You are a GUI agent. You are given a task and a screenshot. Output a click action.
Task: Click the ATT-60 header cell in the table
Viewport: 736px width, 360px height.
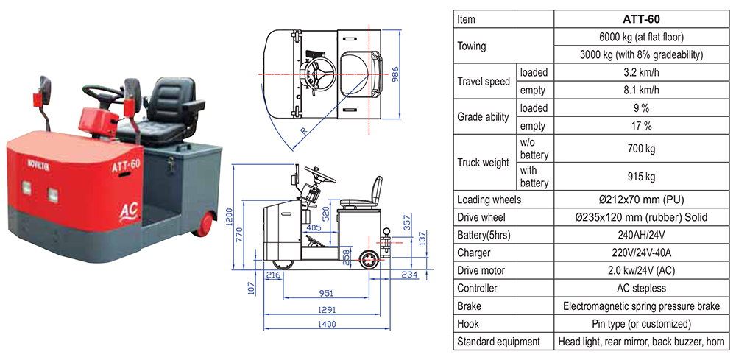coord(639,19)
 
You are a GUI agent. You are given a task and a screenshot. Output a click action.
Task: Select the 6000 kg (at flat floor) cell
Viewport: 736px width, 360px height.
coord(639,38)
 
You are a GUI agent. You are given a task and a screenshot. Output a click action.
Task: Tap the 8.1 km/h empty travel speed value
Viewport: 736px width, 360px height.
coord(639,91)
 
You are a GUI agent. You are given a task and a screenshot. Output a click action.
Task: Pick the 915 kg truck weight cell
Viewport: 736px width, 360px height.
coord(639,177)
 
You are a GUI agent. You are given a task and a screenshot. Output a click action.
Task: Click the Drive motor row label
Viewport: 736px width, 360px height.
coord(484,270)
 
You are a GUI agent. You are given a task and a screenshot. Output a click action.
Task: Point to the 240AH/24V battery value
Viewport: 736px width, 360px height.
coord(639,235)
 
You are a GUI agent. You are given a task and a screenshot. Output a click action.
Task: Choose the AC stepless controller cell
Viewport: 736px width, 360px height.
coord(639,288)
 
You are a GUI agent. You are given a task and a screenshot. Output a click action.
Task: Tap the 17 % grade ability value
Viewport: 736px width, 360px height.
coord(639,126)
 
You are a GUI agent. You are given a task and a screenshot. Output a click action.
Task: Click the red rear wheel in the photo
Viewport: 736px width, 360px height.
coord(202,222)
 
